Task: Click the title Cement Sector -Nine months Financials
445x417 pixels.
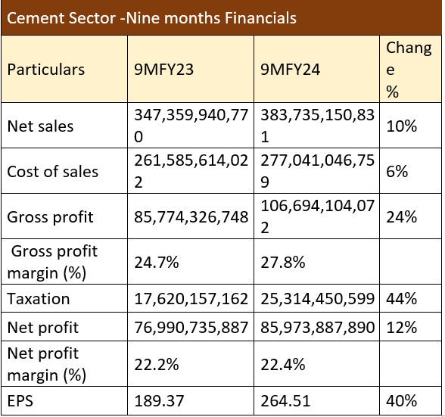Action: point(151,18)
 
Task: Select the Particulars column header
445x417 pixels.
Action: point(46,70)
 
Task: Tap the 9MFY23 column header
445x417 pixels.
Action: point(163,70)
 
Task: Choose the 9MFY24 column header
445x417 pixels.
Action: point(291,70)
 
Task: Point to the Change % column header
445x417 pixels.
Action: point(409,70)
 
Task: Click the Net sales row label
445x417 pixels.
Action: point(40,126)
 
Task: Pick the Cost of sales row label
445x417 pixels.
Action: point(53,172)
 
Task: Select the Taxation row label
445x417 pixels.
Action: point(39,299)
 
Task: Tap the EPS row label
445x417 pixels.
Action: point(20,401)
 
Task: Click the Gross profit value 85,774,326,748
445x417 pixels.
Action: point(191,217)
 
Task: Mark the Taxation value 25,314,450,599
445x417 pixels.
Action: point(318,299)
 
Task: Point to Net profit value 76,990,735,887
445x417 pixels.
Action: point(191,327)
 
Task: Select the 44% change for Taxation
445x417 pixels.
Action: point(401,299)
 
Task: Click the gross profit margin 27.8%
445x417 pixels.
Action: point(283,263)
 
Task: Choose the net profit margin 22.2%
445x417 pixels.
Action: point(157,365)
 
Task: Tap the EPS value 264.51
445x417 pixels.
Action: point(285,401)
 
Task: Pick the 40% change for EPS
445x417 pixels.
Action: point(401,401)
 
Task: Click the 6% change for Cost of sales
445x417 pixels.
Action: point(397,172)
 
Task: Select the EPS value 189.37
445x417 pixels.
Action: point(159,401)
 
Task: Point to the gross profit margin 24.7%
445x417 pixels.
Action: point(157,263)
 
